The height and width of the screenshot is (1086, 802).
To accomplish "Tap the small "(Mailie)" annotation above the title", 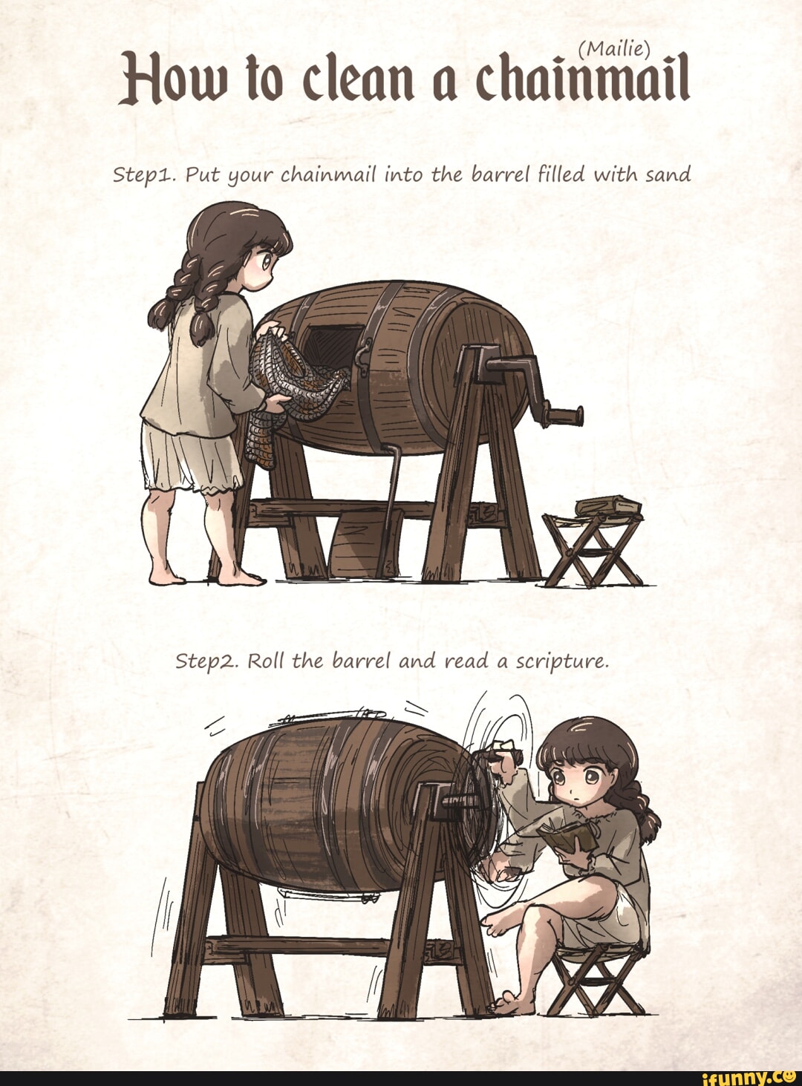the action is [614, 48].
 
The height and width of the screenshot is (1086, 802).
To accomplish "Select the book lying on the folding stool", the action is [608, 506].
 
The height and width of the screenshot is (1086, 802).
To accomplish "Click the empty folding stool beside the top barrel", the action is [593, 550].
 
